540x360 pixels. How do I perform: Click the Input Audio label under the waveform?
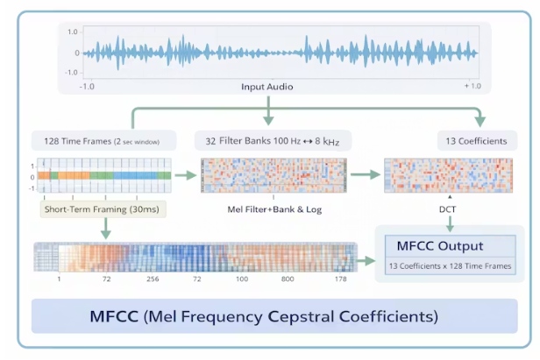coord(267,88)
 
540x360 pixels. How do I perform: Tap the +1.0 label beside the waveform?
coord(472,86)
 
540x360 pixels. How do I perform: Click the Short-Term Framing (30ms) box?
coord(104,210)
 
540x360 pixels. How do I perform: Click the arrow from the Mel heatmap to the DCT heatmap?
coord(367,175)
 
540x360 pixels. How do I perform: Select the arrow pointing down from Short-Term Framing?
coord(104,229)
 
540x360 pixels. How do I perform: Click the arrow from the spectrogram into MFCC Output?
coord(366,260)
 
